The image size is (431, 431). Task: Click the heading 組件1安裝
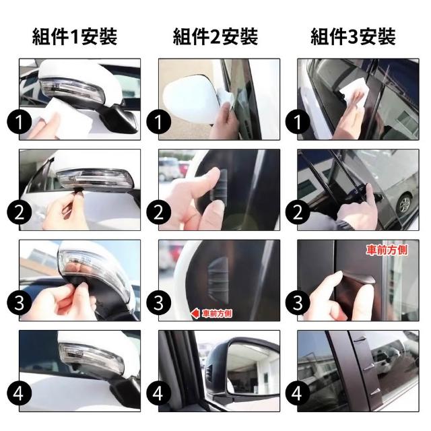(75, 36)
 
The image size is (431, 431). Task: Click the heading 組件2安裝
(215, 36)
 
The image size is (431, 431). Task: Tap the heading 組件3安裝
(353, 36)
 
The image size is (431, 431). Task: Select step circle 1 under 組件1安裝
(20, 122)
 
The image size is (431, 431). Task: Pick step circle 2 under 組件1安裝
(20, 213)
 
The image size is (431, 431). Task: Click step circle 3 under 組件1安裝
(20, 303)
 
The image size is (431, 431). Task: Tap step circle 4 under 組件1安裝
(20, 393)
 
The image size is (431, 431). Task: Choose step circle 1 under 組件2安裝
(159, 122)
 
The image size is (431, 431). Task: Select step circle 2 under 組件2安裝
(159, 213)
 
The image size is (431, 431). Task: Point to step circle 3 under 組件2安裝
(159, 303)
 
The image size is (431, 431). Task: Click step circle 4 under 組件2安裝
(159, 393)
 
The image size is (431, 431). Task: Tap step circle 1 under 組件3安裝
(298, 122)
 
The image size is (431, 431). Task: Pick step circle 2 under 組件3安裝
(298, 213)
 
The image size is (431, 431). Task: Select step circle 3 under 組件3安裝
(298, 303)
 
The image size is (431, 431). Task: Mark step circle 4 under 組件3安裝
(298, 393)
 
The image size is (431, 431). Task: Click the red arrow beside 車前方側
(195, 313)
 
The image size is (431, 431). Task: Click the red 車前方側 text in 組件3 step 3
(387, 250)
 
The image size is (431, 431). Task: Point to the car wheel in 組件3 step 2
(404, 203)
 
